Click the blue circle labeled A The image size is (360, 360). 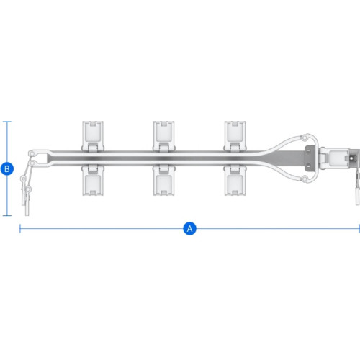point(189,228)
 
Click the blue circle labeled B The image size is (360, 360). point(7,168)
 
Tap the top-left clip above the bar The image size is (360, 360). point(93,136)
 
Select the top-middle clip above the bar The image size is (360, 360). point(163,136)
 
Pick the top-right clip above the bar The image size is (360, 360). point(235,136)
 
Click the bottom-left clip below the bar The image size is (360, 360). point(93,180)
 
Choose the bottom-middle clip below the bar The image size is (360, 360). point(163,180)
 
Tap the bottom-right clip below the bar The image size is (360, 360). point(235,180)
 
